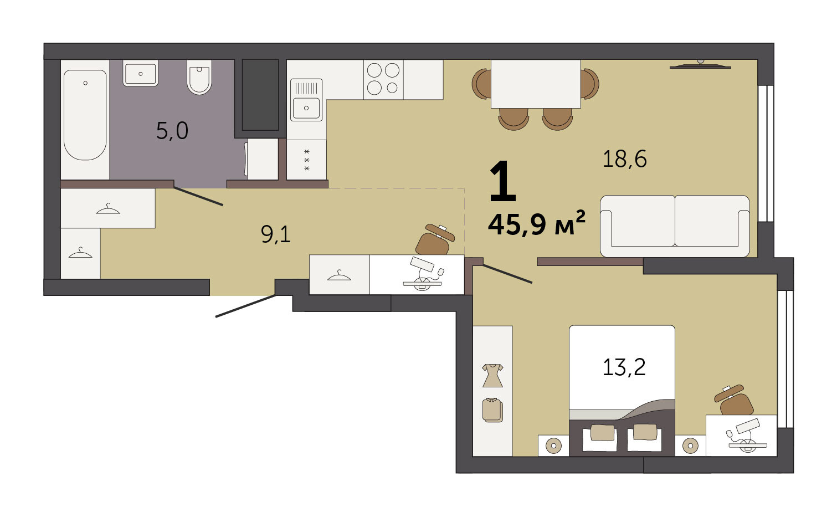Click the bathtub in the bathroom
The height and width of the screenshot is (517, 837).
pyautogui.click(x=85, y=115)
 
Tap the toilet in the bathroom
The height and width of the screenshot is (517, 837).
pyautogui.click(x=199, y=77)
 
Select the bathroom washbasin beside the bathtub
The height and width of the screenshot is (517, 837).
pyautogui.click(x=140, y=73)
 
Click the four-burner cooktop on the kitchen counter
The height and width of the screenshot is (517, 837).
pyautogui.click(x=383, y=79)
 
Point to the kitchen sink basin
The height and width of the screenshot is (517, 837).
pyautogui.click(x=306, y=108)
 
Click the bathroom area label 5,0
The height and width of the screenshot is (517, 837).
pyautogui.click(x=172, y=131)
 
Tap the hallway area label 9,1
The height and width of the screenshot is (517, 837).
pyautogui.click(x=276, y=235)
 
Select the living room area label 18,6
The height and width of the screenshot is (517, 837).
pyautogui.click(x=624, y=159)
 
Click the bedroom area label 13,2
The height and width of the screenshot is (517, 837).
pyautogui.click(x=624, y=367)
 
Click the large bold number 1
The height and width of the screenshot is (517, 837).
pyautogui.click(x=502, y=181)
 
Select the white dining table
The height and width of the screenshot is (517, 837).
pyautogui.click(x=536, y=84)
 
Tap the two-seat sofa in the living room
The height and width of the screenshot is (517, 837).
pyautogui.click(x=675, y=226)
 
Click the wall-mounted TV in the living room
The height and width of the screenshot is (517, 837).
pyautogui.click(x=700, y=66)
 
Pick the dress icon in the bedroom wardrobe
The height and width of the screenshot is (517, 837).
pyautogui.click(x=492, y=375)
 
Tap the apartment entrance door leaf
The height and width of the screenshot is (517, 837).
pyautogui.click(x=246, y=306)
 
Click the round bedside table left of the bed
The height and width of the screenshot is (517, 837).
pyautogui.click(x=553, y=445)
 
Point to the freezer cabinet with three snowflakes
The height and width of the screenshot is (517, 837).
pyautogui.click(x=306, y=160)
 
